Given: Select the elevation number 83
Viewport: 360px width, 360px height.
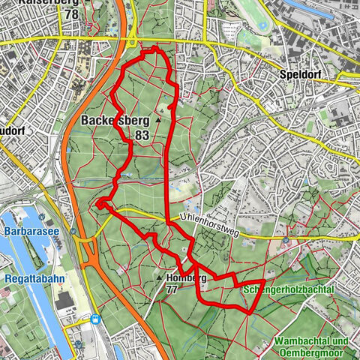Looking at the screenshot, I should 142,135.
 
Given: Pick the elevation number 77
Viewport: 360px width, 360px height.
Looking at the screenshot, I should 172,289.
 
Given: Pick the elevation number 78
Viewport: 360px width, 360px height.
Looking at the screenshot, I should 72,14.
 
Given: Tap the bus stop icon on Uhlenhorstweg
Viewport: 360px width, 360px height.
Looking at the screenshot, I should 286,241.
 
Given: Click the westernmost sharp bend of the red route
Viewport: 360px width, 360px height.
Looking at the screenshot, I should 98,202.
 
